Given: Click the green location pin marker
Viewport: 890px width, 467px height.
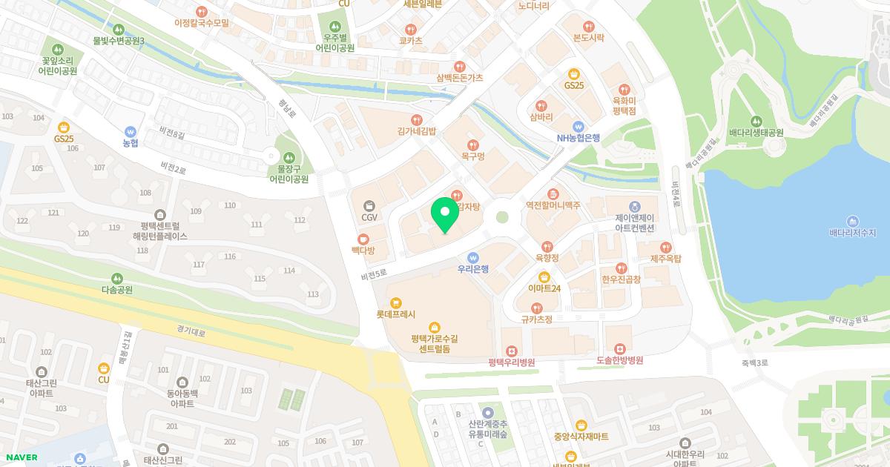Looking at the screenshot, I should coord(444,214).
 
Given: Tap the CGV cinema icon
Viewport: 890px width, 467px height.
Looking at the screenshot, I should coord(369,205).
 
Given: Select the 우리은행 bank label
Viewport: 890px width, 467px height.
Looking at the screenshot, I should coord(473,269).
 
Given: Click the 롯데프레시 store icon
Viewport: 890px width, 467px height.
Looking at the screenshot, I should coord(395,302).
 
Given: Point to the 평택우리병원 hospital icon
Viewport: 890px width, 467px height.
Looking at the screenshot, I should coord(511,351).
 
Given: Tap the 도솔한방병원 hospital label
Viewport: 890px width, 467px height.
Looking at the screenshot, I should coord(619,361).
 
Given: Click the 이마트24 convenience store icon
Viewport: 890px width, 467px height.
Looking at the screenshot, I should coord(544,276).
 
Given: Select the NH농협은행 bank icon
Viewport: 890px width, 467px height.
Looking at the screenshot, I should coord(578,126).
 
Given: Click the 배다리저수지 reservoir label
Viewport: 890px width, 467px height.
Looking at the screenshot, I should coord(852,233).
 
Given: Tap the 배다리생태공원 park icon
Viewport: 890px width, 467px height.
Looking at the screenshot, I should coord(756,121).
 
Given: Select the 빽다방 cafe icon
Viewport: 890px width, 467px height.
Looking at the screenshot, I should coord(363,239).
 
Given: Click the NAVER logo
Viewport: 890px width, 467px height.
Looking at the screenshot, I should coord(21,457).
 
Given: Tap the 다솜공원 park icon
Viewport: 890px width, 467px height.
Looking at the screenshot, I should coord(116,279).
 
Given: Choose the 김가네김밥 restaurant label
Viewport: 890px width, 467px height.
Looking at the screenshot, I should coord(417,130).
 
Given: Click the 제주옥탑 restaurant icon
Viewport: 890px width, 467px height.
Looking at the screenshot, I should coord(665,247).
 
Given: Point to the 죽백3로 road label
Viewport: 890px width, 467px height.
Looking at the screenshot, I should coord(754,362).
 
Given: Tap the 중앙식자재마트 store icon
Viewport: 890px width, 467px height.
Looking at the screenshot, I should coord(581,425).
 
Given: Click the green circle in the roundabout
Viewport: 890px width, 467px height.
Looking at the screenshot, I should coord(502,217).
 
